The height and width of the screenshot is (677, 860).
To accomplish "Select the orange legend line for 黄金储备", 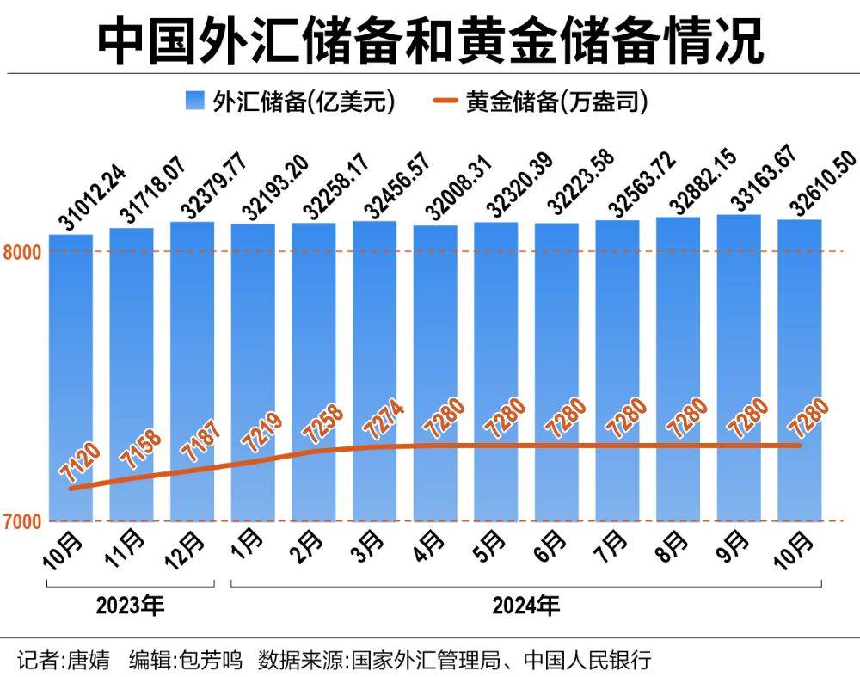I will coord(444,102).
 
